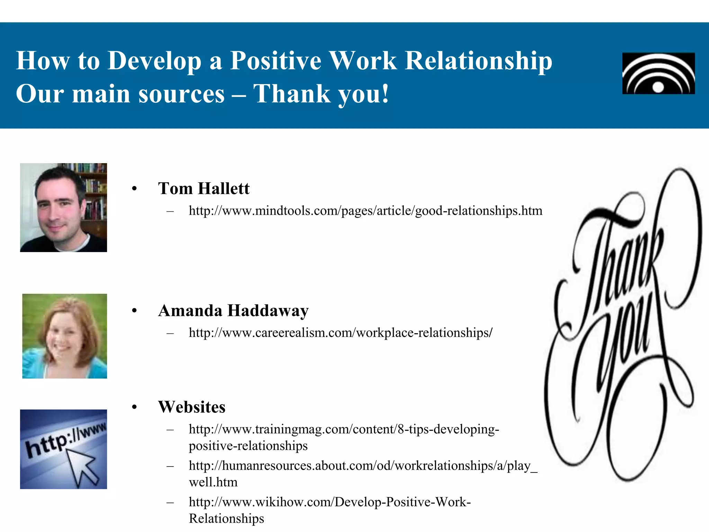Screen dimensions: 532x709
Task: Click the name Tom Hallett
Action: point(204,189)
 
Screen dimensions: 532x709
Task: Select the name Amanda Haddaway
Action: point(233,311)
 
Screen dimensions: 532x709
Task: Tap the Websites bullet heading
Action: point(191,407)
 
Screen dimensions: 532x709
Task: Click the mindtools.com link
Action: point(365,211)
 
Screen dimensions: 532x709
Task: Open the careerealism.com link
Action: point(340,333)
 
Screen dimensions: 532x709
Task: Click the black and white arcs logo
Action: point(658,73)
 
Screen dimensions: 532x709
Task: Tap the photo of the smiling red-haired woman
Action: point(64,336)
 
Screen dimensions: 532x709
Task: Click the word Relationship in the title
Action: point(478,61)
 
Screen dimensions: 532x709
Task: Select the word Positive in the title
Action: point(276,61)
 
